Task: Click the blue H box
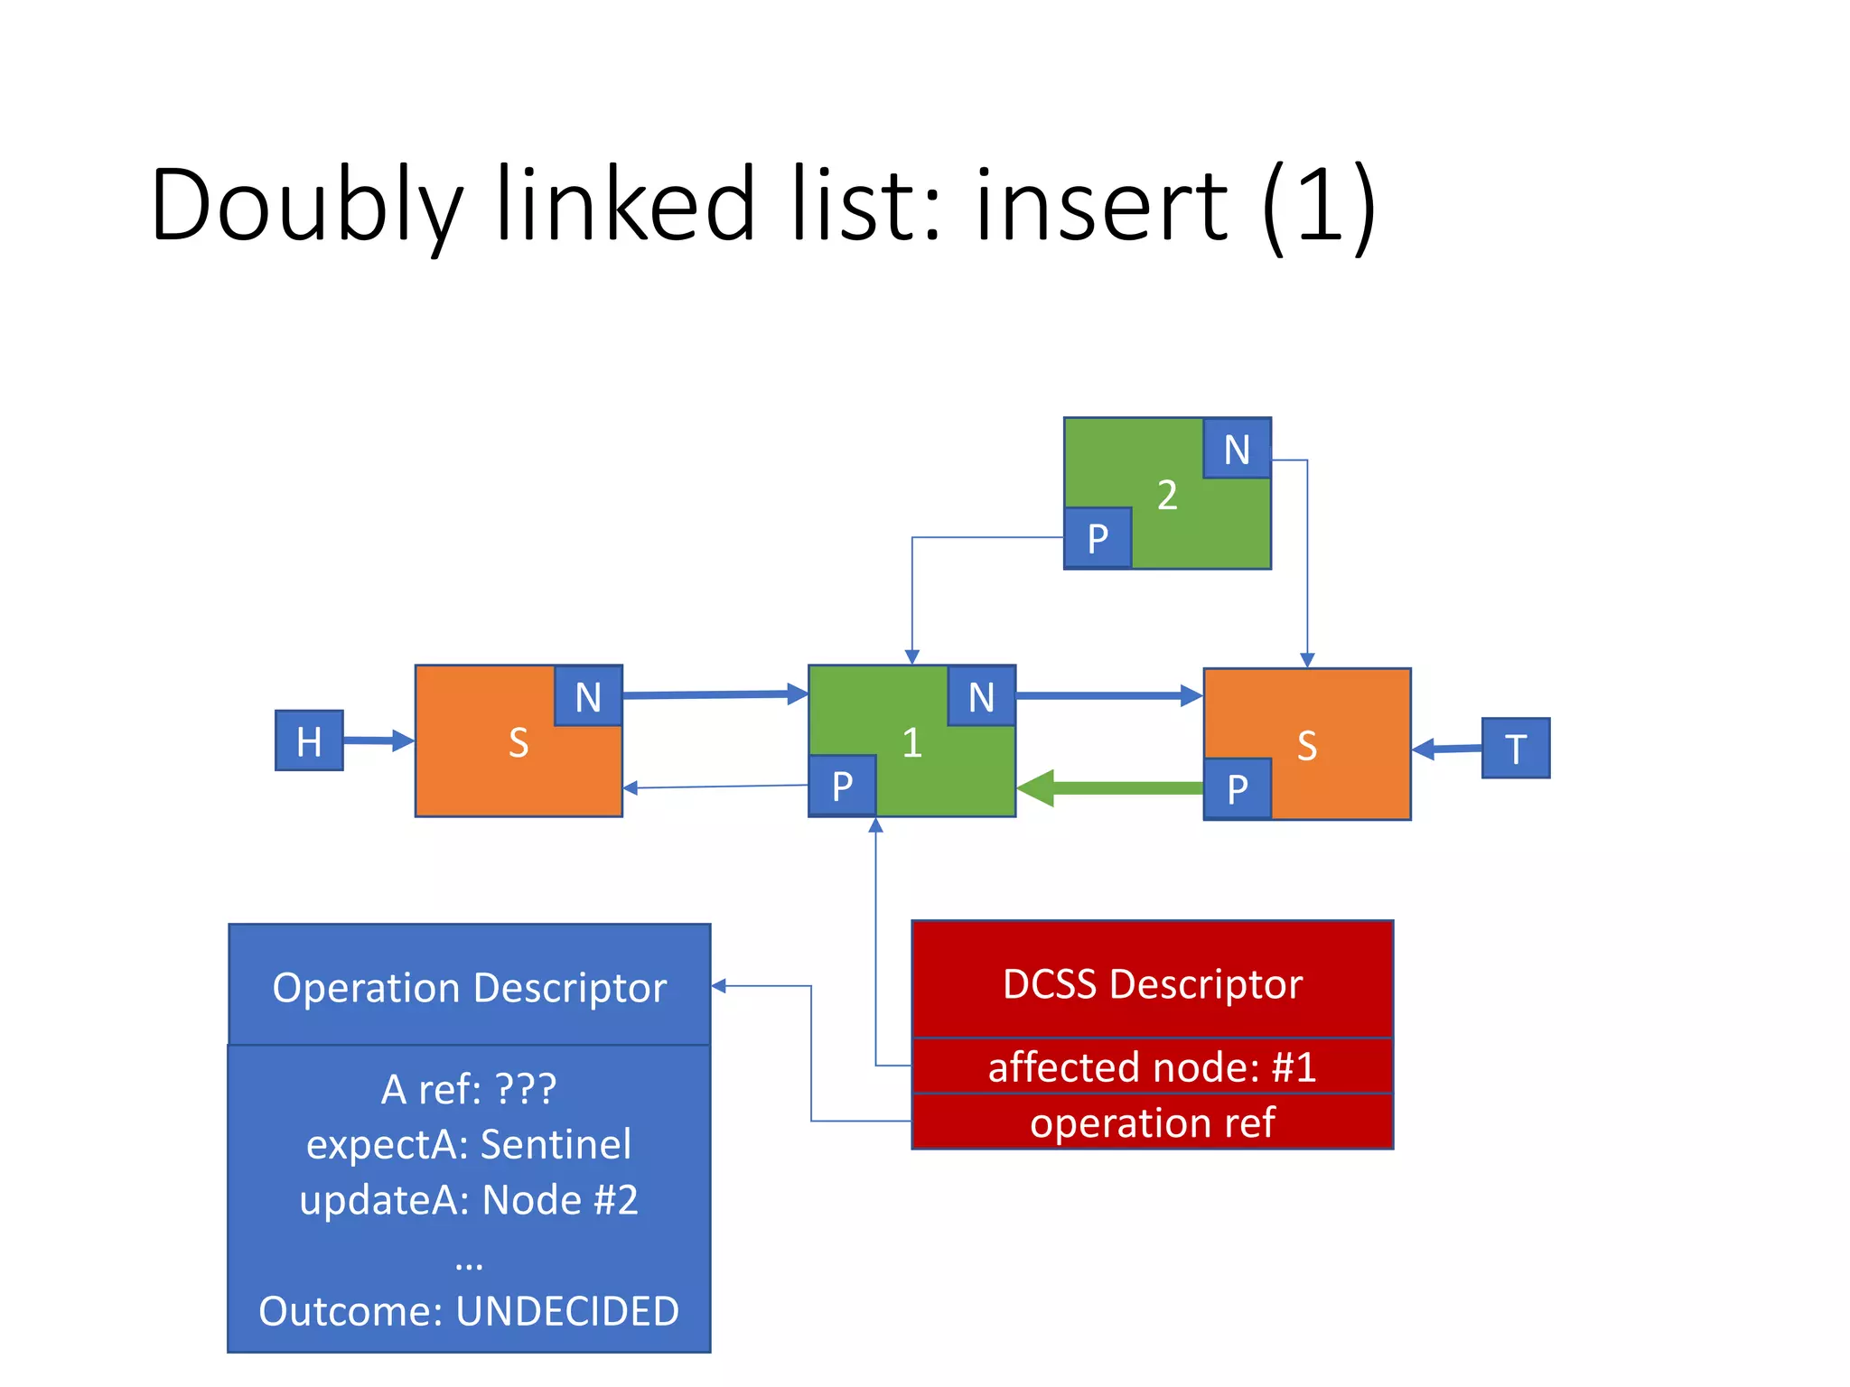[x=309, y=740]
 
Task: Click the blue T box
[x=1515, y=748]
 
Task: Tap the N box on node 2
[x=1237, y=449]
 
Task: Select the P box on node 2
[x=1098, y=538]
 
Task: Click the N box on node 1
[x=981, y=696]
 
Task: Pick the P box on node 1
[x=842, y=786]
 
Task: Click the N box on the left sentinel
[x=588, y=696]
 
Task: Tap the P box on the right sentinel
[x=1238, y=788]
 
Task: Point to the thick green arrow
[x=1111, y=787]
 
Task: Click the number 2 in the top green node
[x=1167, y=495]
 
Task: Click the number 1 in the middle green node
[x=911, y=742]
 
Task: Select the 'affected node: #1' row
[x=1152, y=1066]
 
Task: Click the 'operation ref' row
[x=1152, y=1122]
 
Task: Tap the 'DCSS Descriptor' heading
[x=1152, y=982]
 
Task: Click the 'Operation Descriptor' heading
[x=469, y=986]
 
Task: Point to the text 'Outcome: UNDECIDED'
[x=469, y=1310]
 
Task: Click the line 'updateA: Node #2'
[x=469, y=1199]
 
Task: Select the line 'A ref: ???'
[x=469, y=1088]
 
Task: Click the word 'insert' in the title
[x=1100, y=206]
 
